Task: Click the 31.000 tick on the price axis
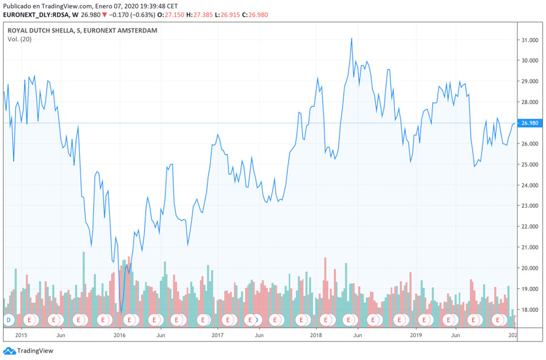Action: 529,40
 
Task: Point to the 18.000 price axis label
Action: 529,309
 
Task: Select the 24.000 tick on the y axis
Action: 529,185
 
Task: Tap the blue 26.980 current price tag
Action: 529,123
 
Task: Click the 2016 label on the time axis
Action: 119,335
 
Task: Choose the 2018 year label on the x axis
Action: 316,335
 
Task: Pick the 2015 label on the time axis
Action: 21,335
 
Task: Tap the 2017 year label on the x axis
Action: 217,335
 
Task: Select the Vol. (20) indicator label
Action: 19,39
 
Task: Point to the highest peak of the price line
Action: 352,38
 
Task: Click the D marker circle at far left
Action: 9,320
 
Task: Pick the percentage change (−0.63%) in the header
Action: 143,15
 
